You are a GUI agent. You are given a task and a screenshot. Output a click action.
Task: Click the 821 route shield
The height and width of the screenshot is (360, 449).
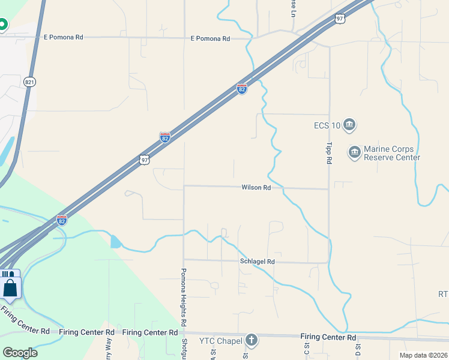(29, 81)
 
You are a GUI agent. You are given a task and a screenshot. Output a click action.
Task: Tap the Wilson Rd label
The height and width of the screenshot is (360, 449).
(256, 187)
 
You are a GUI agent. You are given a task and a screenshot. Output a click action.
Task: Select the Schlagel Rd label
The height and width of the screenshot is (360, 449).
(258, 262)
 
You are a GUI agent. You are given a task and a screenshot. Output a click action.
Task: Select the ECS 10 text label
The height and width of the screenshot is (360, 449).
(327, 125)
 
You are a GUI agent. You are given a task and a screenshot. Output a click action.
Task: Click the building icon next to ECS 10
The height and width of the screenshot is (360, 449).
(349, 125)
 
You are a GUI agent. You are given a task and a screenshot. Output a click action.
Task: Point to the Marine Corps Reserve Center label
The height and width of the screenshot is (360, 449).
(392, 153)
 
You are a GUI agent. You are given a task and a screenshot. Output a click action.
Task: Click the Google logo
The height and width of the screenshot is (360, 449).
(20, 353)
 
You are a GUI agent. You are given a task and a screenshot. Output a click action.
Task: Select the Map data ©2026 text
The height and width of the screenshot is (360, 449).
(423, 355)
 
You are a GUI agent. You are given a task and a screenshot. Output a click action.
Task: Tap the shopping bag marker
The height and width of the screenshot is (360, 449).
(11, 287)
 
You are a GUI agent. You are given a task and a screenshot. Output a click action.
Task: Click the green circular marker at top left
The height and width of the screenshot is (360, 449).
(2, 25)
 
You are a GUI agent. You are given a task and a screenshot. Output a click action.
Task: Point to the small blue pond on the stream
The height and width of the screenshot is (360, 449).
(115, 242)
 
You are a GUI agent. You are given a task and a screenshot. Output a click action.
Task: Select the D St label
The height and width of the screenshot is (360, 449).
(357, 347)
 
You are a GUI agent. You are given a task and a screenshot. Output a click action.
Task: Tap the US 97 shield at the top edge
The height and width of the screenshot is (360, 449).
(340, 19)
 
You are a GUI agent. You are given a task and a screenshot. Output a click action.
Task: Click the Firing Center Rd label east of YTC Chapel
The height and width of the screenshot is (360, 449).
(325, 337)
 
